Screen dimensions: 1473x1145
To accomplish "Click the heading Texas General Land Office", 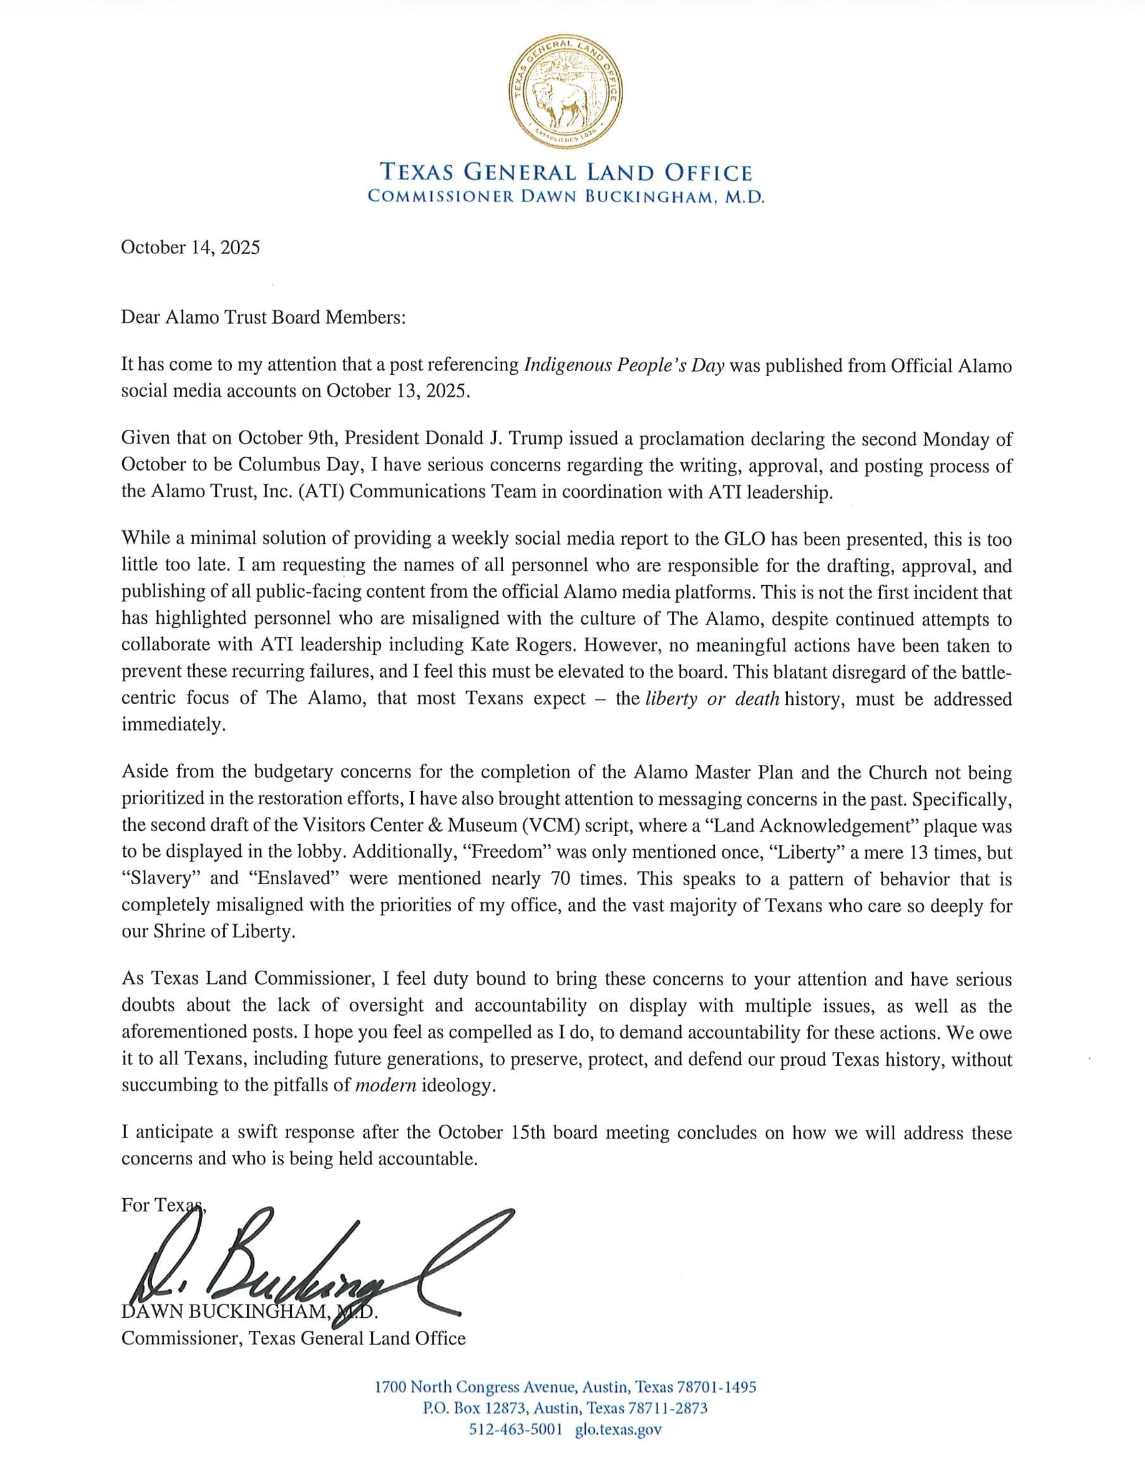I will click(x=566, y=173).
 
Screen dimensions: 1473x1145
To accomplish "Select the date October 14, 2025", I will click(x=190, y=248).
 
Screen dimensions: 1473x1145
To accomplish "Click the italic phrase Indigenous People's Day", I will click(x=624, y=365).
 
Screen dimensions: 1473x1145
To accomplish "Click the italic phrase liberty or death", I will click(x=712, y=698).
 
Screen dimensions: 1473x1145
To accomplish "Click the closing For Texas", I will click(x=162, y=1205).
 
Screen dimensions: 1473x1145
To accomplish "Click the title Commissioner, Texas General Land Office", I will click(x=293, y=1338).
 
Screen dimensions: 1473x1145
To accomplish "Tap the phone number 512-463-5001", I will click(x=515, y=1429).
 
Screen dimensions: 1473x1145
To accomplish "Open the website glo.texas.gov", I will click(x=618, y=1429).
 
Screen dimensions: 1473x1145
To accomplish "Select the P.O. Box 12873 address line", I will click(x=565, y=1408).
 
